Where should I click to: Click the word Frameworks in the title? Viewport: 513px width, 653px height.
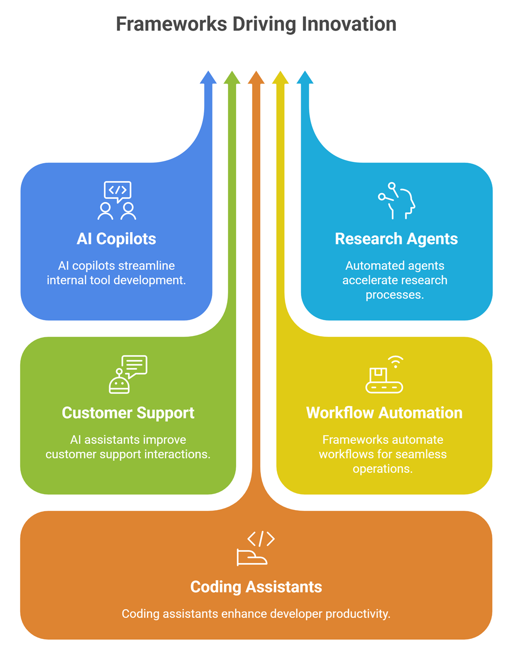(171, 24)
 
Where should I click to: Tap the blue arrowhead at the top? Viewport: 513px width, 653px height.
(208, 78)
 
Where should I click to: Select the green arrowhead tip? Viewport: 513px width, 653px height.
(232, 78)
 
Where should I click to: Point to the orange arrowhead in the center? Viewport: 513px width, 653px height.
(256, 78)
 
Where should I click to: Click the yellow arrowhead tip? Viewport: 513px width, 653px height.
(280, 78)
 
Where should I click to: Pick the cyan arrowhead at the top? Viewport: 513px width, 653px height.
(305, 78)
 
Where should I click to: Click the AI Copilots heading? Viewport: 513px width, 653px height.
(116, 239)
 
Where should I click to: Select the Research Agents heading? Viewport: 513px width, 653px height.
(396, 239)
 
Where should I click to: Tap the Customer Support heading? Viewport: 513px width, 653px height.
(128, 413)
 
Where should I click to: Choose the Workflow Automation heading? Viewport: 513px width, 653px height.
(384, 413)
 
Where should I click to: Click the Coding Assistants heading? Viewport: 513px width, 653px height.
(256, 587)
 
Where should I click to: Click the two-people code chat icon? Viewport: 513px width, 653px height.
(117, 201)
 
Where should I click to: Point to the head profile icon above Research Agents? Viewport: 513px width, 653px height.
(397, 201)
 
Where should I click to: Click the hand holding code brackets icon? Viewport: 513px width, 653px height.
(256, 548)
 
